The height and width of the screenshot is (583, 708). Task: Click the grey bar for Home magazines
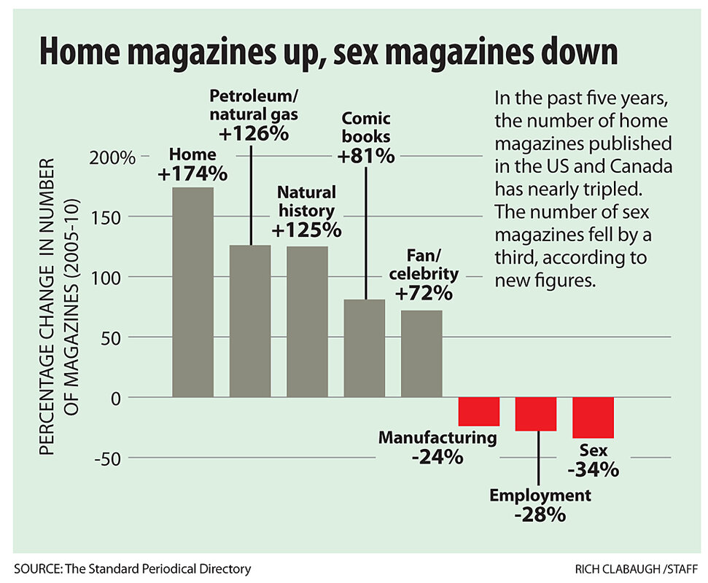pos(192,291)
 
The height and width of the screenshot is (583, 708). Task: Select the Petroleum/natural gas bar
pos(250,321)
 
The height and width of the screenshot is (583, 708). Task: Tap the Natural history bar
pos(307,321)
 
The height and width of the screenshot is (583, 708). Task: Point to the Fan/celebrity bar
pos(421,353)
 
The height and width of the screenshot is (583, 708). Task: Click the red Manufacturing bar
pos(478,412)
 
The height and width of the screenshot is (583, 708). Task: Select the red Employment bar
pos(536,414)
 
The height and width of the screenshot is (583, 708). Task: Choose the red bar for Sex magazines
pos(593,418)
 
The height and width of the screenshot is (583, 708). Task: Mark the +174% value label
pos(193,174)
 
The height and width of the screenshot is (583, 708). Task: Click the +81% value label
pos(366,155)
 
